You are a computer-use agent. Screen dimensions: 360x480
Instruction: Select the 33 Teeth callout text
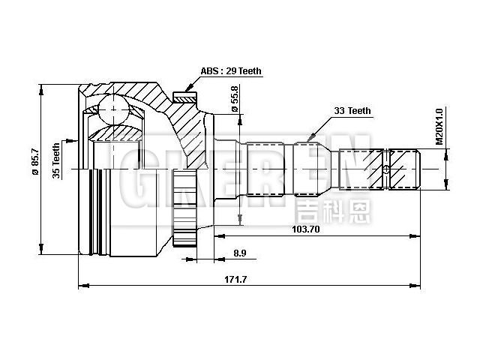(352, 110)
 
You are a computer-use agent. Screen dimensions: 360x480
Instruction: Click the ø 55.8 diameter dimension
(235, 99)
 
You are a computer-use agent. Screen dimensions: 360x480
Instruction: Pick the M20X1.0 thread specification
(439, 127)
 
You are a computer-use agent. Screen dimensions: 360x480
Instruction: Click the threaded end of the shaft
(406, 170)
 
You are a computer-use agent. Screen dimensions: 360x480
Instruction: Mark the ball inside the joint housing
(114, 111)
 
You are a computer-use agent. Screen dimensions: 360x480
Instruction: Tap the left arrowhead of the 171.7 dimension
(82, 286)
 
